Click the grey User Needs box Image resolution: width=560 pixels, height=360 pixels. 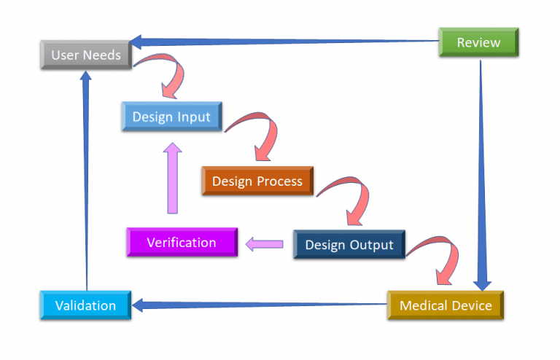pyautogui.click(x=86, y=55)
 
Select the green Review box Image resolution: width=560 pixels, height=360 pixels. pyautogui.click(x=478, y=42)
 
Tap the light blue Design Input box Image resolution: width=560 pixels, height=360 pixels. pyautogui.click(x=171, y=117)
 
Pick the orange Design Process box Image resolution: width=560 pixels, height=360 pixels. pyautogui.click(x=257, y=181)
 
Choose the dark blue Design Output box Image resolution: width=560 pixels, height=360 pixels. pyautogui.click(x=349, y=245)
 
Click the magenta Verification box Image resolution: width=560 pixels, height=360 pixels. pyautogui.click(x=182, y=242)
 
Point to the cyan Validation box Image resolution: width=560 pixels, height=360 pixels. pyautogui.click(x=85, y=305)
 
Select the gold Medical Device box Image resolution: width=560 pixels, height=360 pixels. pyautogui.click(x=446, y=305)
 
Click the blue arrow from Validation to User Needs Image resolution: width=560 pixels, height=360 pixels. pyautogui.click(x=86, y=182)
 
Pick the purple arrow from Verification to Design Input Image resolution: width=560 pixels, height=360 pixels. pyautogui.click(x=173, y=179)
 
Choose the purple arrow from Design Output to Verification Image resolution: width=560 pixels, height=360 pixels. pyautogui.click(x=264, y=244)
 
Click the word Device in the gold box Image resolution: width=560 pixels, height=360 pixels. pyautogui.click(x=472, y=305)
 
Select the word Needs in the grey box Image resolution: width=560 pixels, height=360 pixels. pyautogui.click(x=103, y=55)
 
